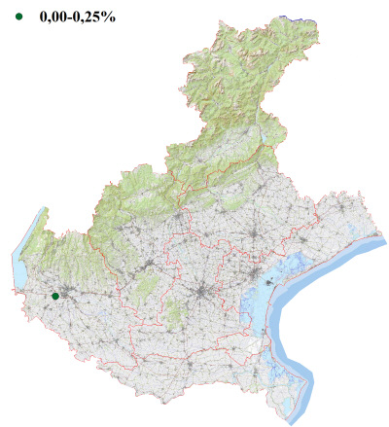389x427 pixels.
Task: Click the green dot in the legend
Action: (x=18, y=17)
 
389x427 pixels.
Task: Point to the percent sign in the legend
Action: (x=110, y=17)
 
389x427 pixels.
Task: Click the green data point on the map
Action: (x=55, y=296)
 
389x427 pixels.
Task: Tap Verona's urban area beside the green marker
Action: (x=66, y=292)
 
